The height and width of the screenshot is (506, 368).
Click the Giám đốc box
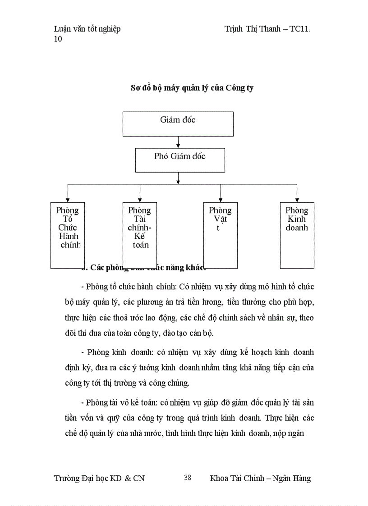178,124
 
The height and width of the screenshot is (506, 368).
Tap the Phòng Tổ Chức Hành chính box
68,235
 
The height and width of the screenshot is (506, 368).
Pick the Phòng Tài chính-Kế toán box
139,235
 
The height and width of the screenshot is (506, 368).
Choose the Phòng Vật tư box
220,235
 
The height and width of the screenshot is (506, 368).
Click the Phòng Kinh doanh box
297,235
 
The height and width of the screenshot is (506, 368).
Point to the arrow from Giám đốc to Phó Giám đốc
178,142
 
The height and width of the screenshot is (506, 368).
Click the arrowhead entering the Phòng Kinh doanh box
297,199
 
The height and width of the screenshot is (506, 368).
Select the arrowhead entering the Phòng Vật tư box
220,199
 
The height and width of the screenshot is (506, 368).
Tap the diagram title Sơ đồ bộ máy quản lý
192,88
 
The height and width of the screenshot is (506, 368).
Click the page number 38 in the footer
188,478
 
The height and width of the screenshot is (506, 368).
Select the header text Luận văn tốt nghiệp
87,29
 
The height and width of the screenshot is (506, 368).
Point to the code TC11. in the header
300,29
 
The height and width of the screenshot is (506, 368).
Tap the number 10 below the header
58,39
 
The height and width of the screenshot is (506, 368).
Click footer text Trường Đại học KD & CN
99,478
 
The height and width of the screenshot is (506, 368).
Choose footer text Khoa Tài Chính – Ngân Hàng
260,478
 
